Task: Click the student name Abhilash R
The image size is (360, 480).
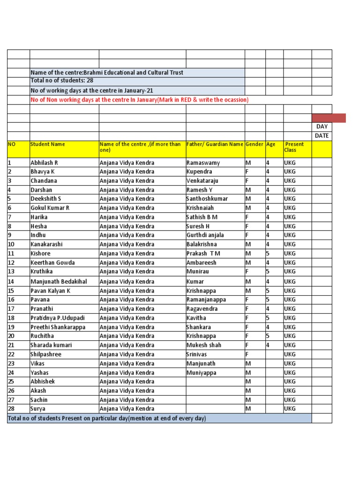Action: (44, 163)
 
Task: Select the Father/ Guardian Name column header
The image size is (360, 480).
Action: (215, 144)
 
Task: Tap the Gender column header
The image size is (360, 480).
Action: (255, 144)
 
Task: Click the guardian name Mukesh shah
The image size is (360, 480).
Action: (204, 345)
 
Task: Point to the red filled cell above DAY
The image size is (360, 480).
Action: (329, 118)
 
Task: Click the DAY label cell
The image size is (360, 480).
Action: (322, 127)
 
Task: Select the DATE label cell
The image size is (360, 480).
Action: (322, 136)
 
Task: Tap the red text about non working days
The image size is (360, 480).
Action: (139, 100)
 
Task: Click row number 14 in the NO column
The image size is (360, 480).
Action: (11, 282)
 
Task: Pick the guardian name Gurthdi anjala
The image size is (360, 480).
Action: (205, 235)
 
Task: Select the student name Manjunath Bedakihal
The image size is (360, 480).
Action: (59, 282)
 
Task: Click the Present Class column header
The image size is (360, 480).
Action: (294, 147)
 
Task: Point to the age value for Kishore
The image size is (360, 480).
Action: (268, 254)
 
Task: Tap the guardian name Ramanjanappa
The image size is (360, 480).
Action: (206, 300)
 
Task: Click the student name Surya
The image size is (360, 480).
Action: (38, 409)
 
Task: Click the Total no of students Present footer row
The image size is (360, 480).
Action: (107, 418)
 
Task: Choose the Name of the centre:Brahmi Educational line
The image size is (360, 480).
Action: (107, 73)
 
